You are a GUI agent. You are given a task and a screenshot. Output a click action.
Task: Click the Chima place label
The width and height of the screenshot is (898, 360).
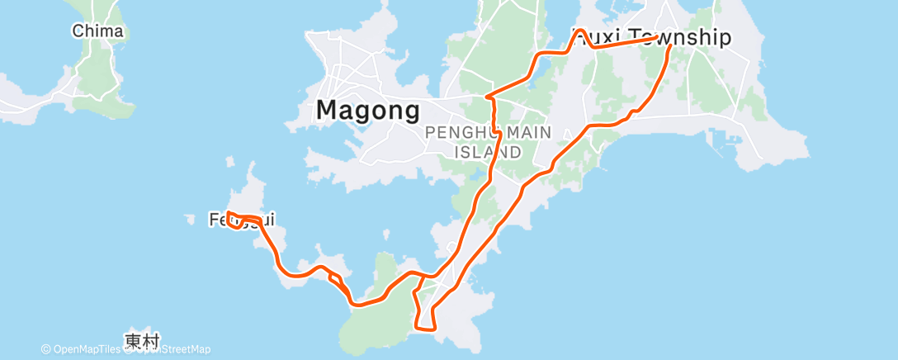[x=97, y=31]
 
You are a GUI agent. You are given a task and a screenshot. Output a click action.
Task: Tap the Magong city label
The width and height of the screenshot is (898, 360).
[x=368, y=111]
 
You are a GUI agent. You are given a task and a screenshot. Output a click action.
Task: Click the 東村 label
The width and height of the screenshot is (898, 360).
[x=142, y=339]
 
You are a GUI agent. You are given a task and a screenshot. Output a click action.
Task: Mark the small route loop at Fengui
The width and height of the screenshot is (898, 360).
[x=234, y=220]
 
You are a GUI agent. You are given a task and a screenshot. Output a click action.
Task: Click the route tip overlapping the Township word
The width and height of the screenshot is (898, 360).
[x=655, y=37]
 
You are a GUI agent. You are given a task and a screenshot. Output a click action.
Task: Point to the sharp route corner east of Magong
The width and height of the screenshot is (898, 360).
[x=488, y=97]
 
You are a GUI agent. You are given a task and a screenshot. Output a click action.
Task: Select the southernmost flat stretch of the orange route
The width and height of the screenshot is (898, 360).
[x=426, y=329]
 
